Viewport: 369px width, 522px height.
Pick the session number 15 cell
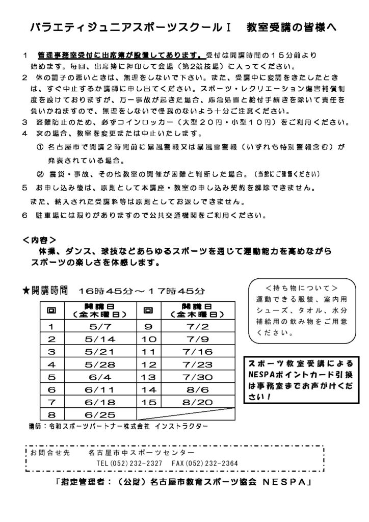point(151,402)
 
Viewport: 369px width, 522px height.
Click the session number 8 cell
point(51,414)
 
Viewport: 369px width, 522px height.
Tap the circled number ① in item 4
point(40,147)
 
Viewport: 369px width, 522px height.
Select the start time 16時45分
point(105,291)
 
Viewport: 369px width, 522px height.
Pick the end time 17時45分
point(176,291)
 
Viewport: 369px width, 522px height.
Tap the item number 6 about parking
point(24,215)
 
